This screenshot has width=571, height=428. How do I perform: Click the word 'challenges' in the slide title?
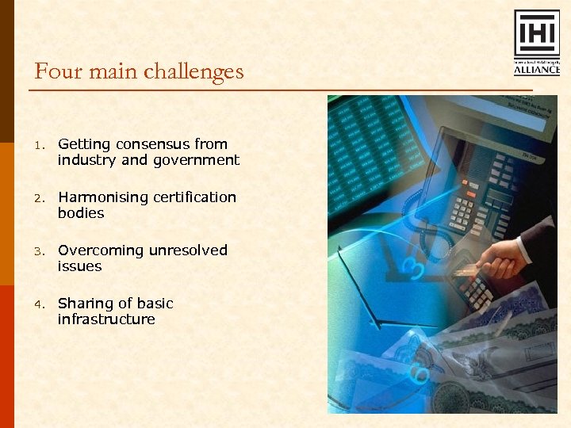click(x=194, y=72)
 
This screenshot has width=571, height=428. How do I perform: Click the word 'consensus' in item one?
click(x=152, y=144)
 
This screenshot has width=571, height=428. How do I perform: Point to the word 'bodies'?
click(x=81, y=214)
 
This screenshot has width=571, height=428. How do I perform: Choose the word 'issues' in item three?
click(x=79, y=267)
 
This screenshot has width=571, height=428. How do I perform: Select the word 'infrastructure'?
click(x=106, y=319)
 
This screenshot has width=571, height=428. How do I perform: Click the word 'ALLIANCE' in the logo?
click(x=537, y=70)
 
